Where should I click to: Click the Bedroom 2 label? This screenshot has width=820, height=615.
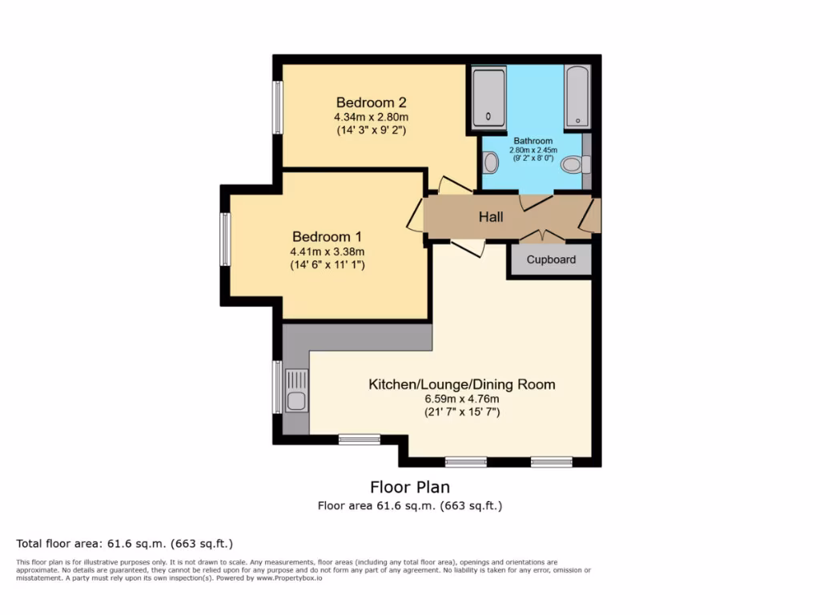[371, 102]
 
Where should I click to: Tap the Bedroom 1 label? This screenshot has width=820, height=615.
[327, 237]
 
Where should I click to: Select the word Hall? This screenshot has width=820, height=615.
[491, 217]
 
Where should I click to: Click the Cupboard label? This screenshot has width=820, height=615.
[551, 260]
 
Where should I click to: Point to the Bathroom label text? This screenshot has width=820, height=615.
[533, 141]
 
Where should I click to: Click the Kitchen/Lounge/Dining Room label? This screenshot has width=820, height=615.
[461, 384]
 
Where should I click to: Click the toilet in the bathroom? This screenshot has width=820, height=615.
[573, 165]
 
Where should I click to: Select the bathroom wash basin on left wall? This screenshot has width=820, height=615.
[491, 163]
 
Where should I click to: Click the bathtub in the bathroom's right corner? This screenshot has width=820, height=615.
[577, 98]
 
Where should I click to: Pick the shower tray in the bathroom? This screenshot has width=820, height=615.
[488, 98]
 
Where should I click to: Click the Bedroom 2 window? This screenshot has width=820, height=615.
[278, 107]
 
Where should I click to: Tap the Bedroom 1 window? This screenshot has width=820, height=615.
[226, 239]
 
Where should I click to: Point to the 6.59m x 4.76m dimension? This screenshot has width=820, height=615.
[461, 400]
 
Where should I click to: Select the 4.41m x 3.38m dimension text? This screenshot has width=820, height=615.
[327, 251]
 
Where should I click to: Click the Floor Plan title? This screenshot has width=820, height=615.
[409, 487]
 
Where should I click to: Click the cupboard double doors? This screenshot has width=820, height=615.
[542, 235]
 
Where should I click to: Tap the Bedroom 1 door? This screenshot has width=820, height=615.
[416, 217]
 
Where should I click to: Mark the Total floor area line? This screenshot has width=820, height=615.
[124, 543]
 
